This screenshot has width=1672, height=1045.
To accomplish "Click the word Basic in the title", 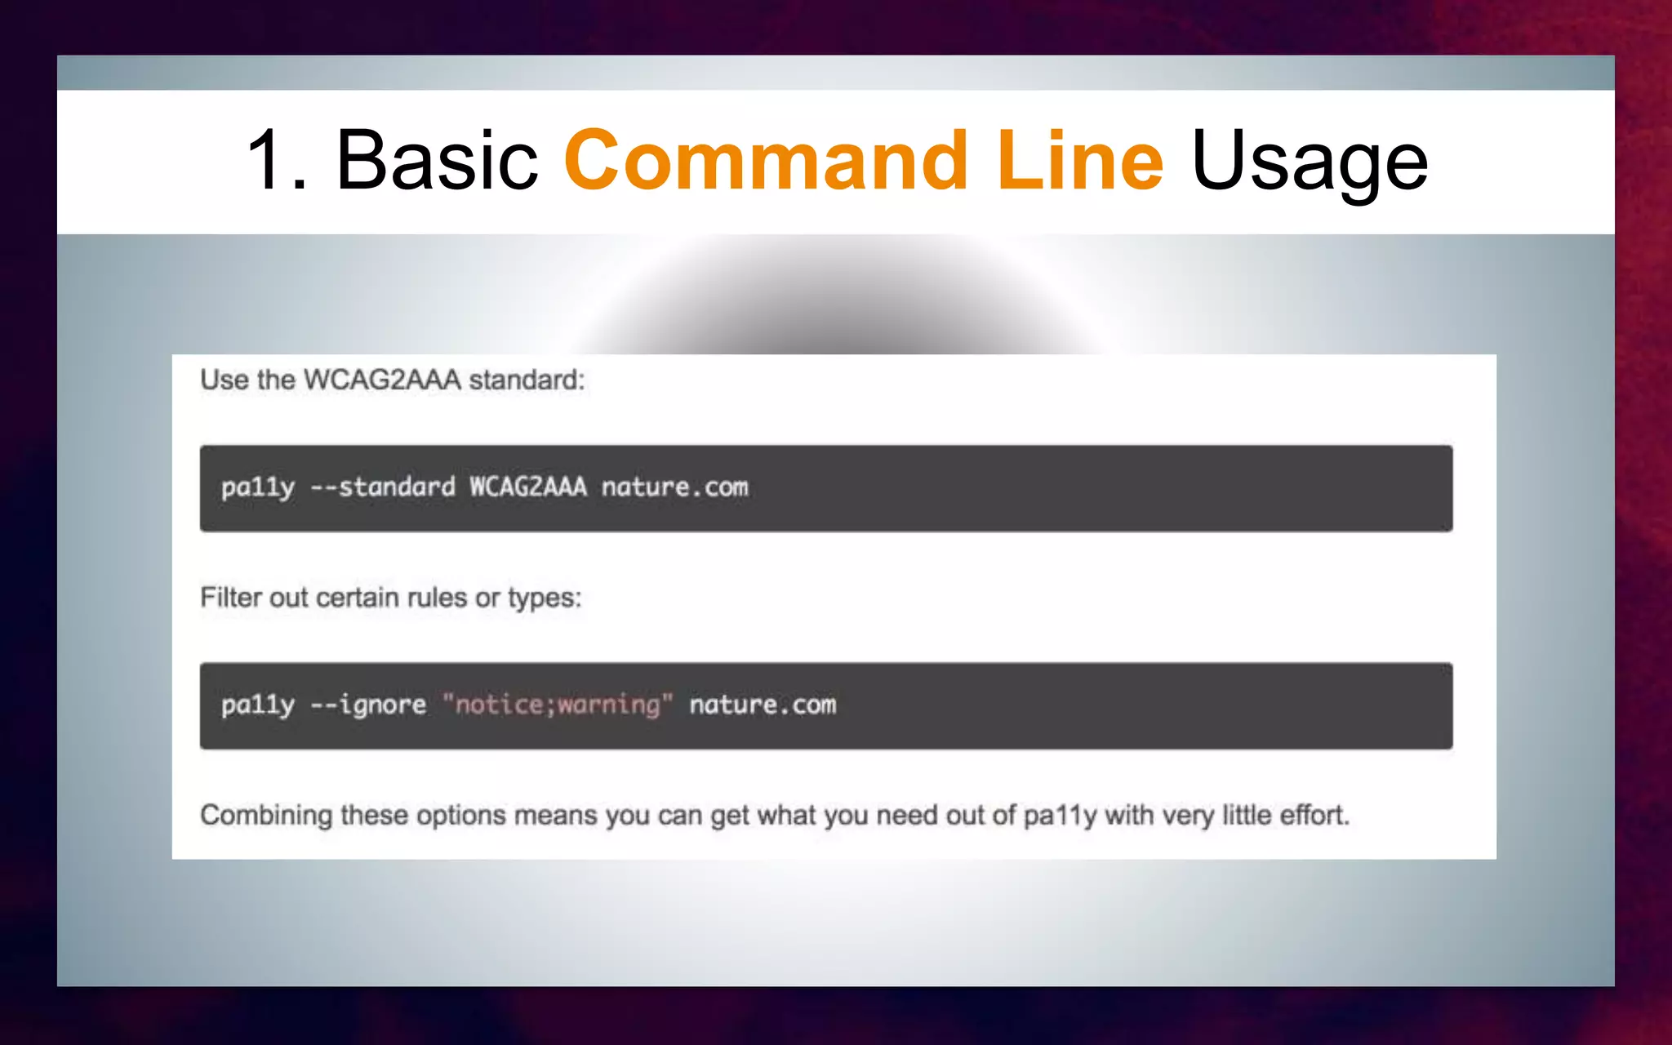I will pyautogui.click(x=437, y=161).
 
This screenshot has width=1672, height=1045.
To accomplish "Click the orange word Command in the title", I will pyautogui.click(x=765, y=161).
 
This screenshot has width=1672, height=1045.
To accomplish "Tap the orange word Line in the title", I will pyautogui.click(x=1079, y=161).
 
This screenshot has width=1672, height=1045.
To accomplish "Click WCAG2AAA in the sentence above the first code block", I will pyautogui.click(x=382, y=380).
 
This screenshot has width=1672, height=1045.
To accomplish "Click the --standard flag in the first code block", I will pyautogui.click(x=383, y=487).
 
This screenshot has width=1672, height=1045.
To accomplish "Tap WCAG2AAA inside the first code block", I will pyautogui.click(x=527, y=487).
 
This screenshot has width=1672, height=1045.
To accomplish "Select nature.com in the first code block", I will pyautogui.click(x=674, y=487).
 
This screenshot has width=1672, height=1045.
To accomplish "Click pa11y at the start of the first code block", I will pyautogui.click(x=257, y=487).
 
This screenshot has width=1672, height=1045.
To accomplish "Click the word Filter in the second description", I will pyautogui.click(x=231, y=598).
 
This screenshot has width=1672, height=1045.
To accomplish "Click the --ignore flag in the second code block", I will pyautogui.click(x=368, y=705).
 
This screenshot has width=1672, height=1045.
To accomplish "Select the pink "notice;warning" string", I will pyautogui.click(x=558, y=705).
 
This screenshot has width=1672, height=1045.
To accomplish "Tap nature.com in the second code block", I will pyautogui.click(x=763, y=705).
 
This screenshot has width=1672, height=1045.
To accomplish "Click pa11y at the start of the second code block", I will pyautogui.click(x=257, y=705).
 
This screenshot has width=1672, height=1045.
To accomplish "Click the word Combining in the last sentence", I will pyautogui.click(x=266, y=816).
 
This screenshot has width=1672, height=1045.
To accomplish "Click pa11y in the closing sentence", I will pyautogui.click(x=1060, y=816).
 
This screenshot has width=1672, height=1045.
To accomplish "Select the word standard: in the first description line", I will pyautogui.click(x=527, y=380).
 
